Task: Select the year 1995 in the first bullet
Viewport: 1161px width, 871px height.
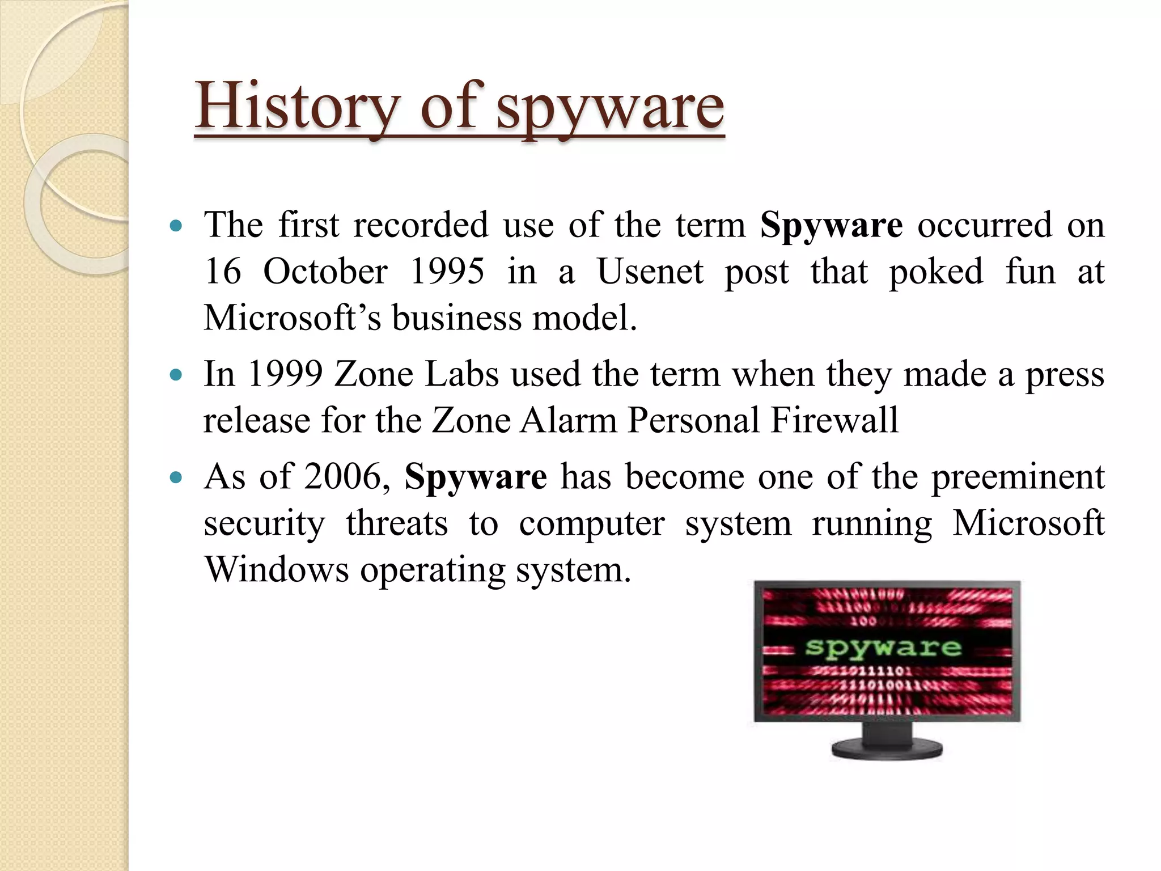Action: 447,271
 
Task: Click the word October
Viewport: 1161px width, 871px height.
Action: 325,271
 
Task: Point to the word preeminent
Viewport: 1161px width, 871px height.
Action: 1018,477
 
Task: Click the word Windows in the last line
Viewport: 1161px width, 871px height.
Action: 277,569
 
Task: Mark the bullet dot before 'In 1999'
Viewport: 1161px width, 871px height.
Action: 176,375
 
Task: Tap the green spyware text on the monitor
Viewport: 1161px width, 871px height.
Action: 883,647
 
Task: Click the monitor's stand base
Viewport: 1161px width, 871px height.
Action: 887,749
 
